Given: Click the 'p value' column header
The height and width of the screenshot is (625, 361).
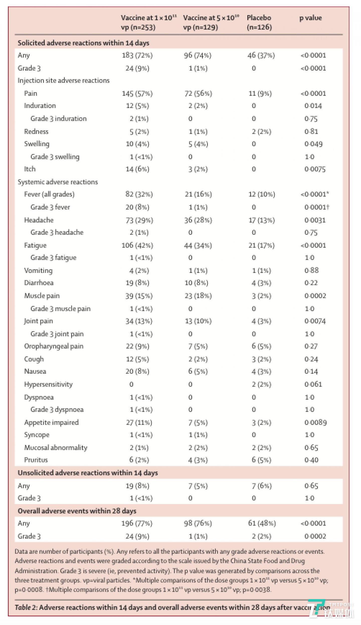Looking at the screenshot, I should pyautogui.click(x=310, y=18).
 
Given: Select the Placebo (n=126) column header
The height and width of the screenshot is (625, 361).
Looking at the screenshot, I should pyautogui.click(x=259, y=22).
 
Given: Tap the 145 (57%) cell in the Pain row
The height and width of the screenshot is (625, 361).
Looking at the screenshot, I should pyautogui.click(x=137, y=94).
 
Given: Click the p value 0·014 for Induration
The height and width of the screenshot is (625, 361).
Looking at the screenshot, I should pyautogui.click(x=313, y=106).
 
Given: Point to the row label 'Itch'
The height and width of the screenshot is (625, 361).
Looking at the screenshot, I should pyautogui.click(x=30, y=169).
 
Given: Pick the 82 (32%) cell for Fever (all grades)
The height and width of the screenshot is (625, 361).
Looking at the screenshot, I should pyautogui.click(x=139, y=194).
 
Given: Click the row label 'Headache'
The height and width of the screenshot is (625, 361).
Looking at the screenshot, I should pyautogui.click(x=39, y=220).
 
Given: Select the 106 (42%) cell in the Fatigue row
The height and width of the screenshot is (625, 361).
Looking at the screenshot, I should pyautogui.click(x=137, y=245).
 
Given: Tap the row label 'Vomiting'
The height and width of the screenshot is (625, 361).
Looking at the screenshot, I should pyautogui.click(x=38, y=270).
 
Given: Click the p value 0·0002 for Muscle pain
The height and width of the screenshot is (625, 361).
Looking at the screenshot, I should pyautogui.click(x=315, y=296).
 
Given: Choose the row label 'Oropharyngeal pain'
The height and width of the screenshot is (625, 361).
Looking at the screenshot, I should pyautogui.click(x=54, y=346).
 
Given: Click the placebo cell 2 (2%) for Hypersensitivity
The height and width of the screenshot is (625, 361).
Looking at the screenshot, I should pyautogui.click(x=261, y=384).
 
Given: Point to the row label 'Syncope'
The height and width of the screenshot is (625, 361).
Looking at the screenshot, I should pyautogui.click(x=37, y=435).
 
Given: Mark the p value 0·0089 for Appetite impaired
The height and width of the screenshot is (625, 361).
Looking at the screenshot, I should pyautogui.click(x=315, y=422).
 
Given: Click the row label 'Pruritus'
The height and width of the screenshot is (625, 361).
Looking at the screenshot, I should pyautogui.click(x=36, y=460).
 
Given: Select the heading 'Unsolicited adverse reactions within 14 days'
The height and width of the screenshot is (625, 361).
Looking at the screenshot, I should pyautogui.click(x=88, y=473).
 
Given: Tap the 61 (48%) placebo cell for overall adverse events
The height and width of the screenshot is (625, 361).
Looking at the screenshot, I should pyautogui.click(x=262, y=523).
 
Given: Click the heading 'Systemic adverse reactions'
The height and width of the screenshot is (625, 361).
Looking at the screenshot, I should pyautogui.click(x=58, y=182).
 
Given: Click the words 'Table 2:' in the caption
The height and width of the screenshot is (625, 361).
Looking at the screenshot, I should pyautogui.click(x=26, y=607).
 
